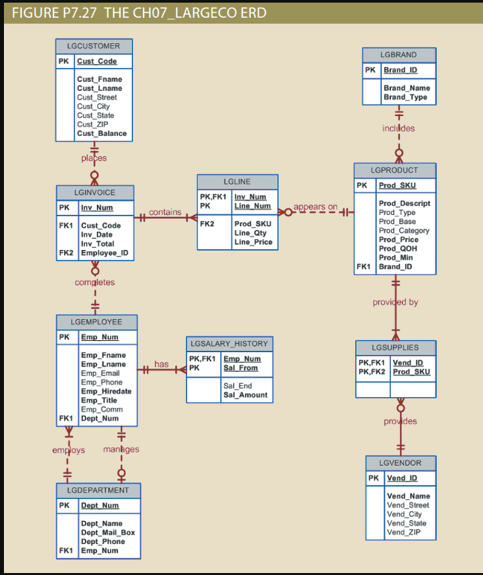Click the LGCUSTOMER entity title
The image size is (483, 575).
pos(94,46)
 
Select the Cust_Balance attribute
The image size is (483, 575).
pos(101,133)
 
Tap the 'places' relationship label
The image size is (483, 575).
pos(94,158)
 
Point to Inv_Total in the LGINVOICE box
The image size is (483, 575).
pos(98,243)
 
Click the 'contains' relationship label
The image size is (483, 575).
pos(165,212)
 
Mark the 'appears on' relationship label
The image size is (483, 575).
pos(315,207)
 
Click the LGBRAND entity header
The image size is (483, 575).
pos(399,55)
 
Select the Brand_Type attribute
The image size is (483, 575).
pos(405,97)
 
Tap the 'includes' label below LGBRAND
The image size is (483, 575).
pos(399,128)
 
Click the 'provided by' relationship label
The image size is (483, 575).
pos(395,302)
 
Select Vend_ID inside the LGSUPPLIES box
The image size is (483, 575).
pos(408,363)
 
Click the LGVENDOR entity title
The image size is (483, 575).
pos(401,462)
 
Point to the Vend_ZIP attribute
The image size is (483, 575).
pos(403,532)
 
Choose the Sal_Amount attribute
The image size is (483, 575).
pos(245,394)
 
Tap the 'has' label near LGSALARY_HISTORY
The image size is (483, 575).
pos(161,364)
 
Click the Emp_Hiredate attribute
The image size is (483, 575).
pos(105,391)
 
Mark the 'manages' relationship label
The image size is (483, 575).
pos(121,449)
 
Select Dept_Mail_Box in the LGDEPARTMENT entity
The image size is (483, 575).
pos(107,532)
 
